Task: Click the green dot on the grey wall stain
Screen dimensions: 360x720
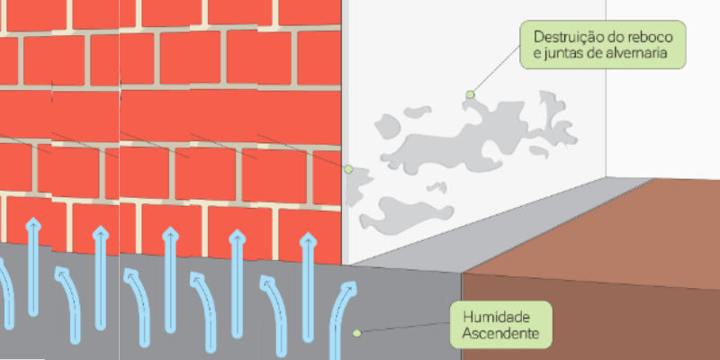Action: point(470,94)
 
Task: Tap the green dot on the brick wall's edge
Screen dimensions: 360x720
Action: point(348,168)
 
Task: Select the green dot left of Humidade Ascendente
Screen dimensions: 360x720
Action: point(356,333)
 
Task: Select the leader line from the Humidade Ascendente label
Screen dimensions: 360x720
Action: point(405,328)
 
